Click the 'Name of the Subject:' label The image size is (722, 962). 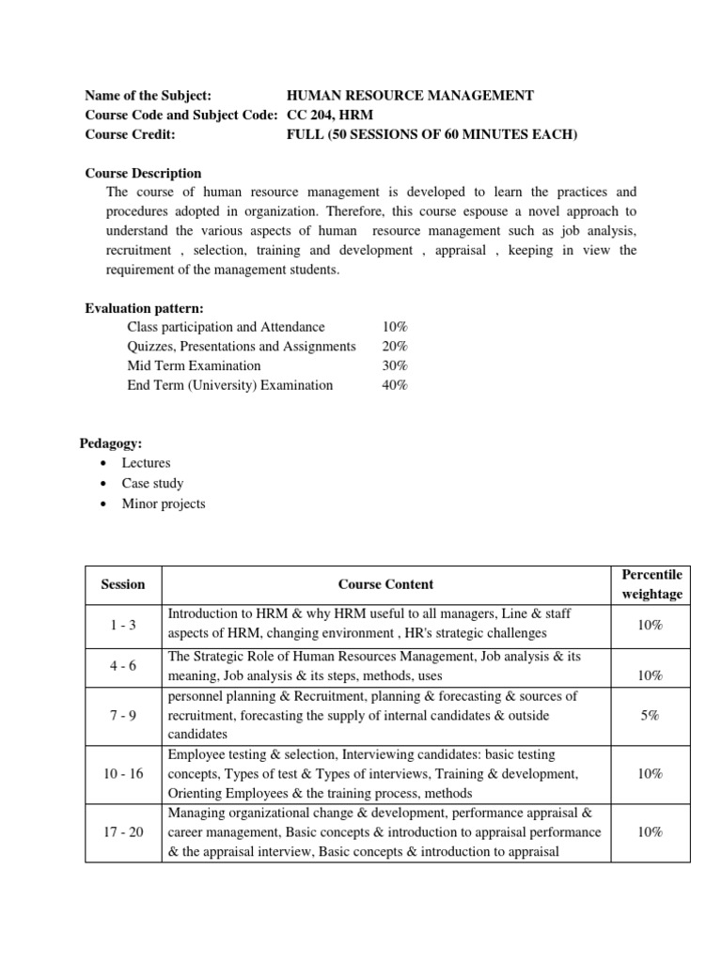tap(148, 95)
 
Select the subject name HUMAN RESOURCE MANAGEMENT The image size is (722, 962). tap(410, 95)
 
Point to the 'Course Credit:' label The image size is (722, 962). tap(131, 134)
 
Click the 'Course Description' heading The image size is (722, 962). tap(143, 173)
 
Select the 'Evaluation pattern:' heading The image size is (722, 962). tap(145, 308)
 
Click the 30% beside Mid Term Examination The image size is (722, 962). tap(395, 365)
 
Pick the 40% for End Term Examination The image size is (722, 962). tap(395, 385)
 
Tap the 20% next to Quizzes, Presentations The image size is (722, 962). tap(395, 347)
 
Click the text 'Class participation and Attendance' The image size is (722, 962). tap(226, 327)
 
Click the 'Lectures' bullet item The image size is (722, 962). tap(146, 463)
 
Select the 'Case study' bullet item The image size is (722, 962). tap(152, 484)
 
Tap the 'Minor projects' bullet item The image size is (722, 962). tap(163, 504)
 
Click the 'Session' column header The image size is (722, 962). tap(122, 584)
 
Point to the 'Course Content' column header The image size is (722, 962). tap(385, 584)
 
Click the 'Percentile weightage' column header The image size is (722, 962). tap(651, 584)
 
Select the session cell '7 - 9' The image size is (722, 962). tap(122, 716)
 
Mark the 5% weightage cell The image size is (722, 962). tap(651, 716)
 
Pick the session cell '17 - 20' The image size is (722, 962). tap(122, 832)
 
